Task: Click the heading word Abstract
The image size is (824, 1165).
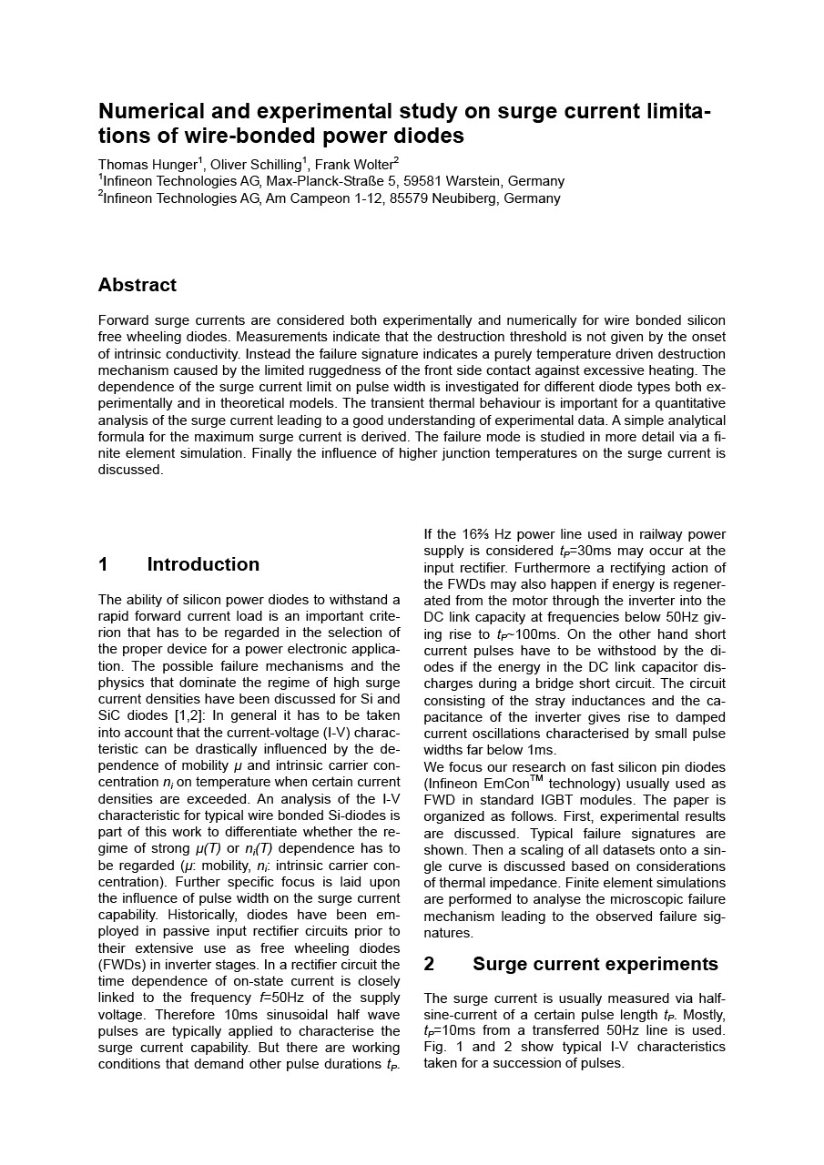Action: click(137, 285)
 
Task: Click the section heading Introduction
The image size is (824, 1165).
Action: click(203, 564)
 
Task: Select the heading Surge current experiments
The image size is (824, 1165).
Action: click(595, 964)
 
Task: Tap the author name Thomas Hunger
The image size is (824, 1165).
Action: click(147, 165)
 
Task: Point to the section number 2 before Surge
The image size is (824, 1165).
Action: click(429, 964)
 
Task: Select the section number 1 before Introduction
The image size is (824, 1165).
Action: click(103, 564)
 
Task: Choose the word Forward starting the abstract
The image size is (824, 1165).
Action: click(125, 320)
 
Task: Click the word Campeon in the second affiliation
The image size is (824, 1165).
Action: click(322, 198)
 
